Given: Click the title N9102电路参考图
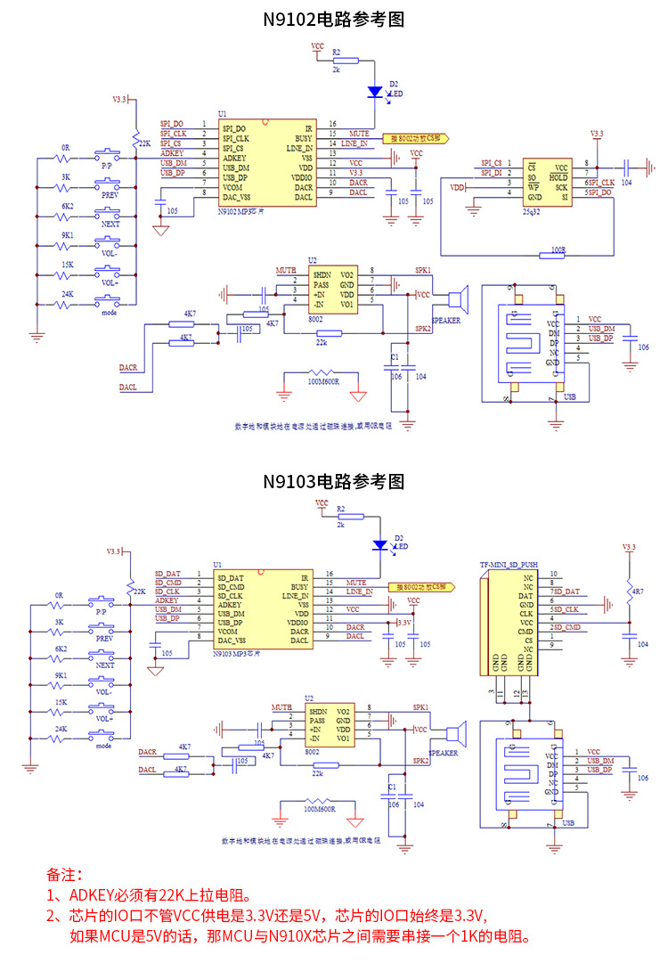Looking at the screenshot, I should point(333,20).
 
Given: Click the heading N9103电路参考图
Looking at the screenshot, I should point(333,481).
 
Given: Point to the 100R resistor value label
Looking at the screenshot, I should point(558,250).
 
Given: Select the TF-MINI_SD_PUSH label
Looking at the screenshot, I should point(509,564).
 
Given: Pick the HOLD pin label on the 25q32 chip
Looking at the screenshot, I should point(558,176).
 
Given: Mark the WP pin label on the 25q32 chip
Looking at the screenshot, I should point(531,186).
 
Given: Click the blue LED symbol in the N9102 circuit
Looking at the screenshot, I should point(375,91).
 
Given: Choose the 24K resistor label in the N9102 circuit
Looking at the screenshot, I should point(67,294).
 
